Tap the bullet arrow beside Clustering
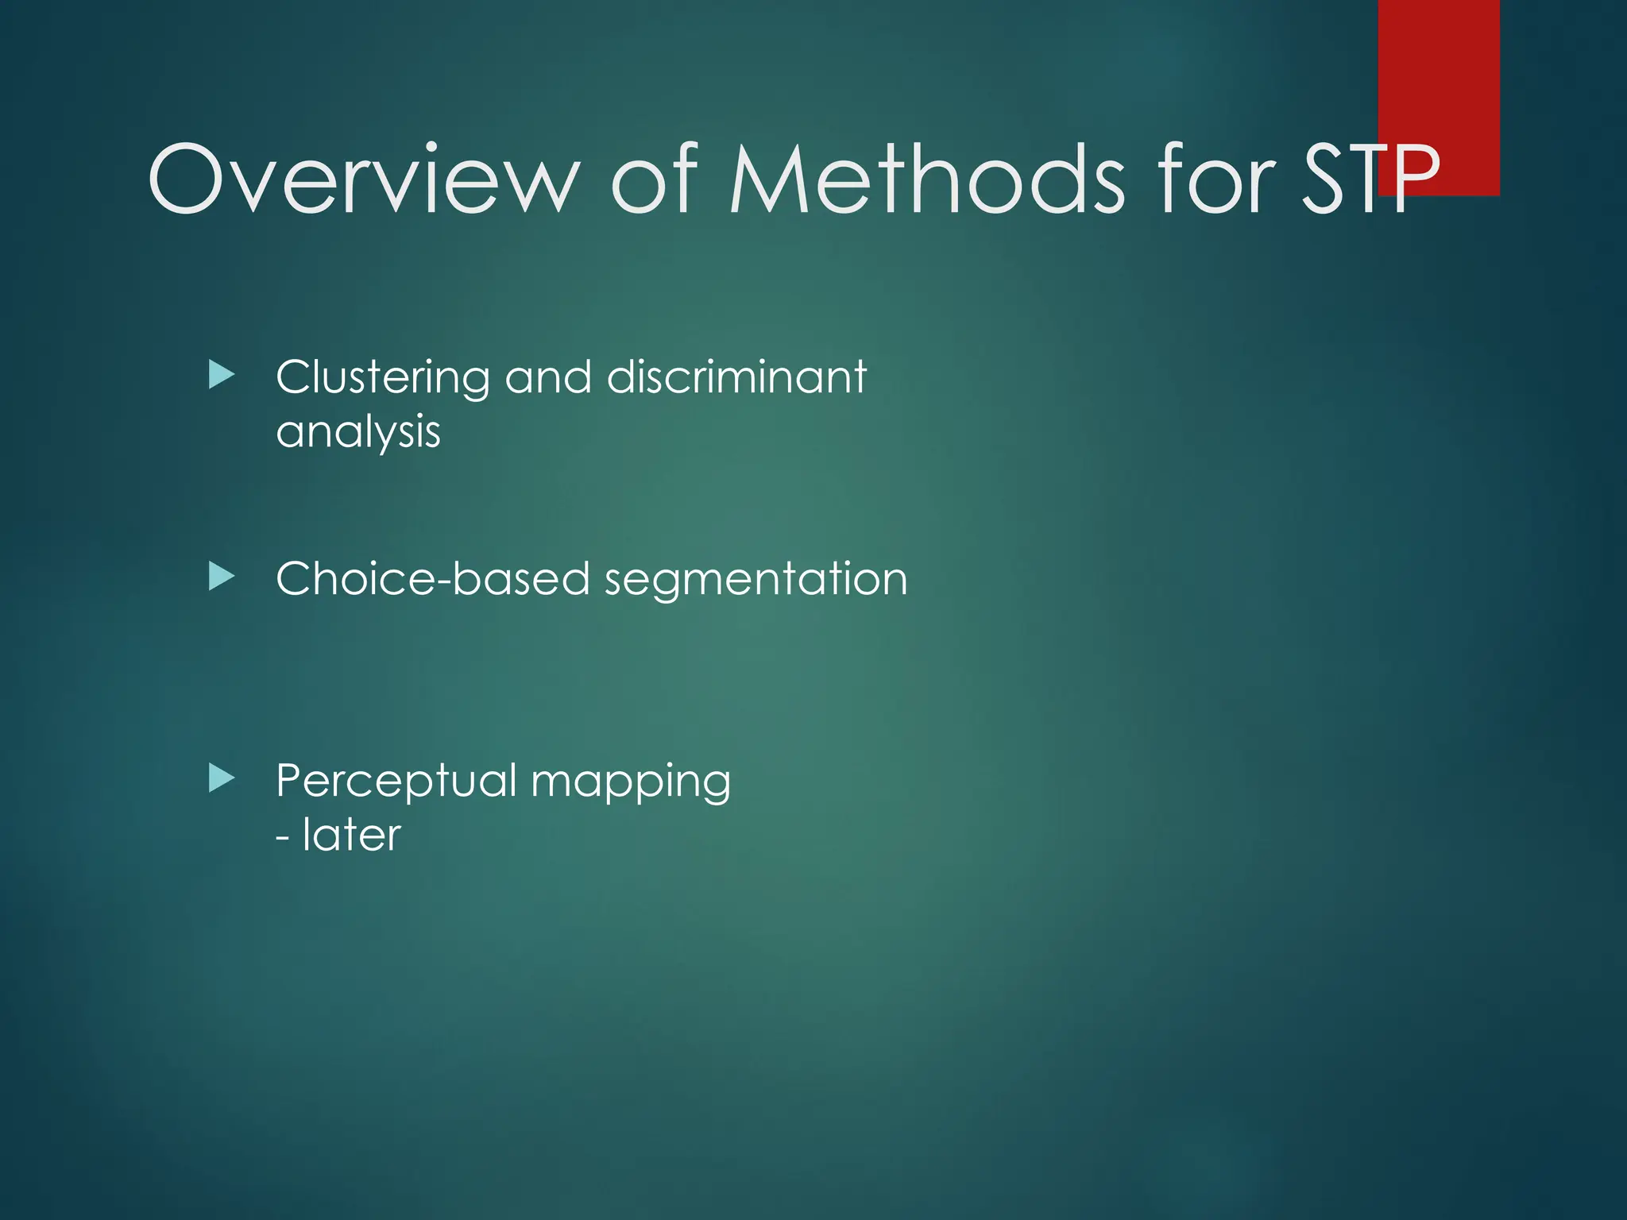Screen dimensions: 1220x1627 click(222, 375)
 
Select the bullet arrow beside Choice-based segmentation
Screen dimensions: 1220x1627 click(222, 577)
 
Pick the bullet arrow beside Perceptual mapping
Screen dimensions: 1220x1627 click(222, 778)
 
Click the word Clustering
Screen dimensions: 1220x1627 click(382, 377)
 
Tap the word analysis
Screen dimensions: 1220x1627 click(357, 433)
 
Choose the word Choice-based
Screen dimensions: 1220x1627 click(432, 578)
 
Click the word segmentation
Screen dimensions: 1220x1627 click(756, 580)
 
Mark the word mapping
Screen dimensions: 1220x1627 click(631, 782)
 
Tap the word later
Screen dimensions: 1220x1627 click(351, 835)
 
